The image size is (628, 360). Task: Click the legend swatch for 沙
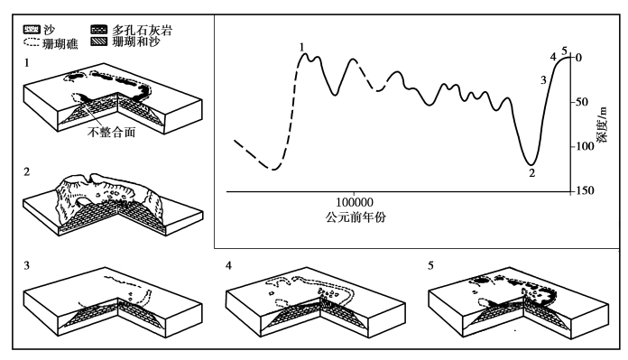pyautogui.click(x=32, y=29)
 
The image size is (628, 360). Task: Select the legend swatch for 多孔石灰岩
pyautogui.click(x=99, y=30)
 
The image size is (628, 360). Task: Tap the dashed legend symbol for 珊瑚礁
pyautogui.click(x=32, y=42)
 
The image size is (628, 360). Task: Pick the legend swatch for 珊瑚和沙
pyautogui.click(x=99, y=42)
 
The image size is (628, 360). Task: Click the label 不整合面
pyautogui.click(x=111, y=132)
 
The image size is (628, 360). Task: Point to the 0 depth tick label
pyautogui.click(x=578, y=58)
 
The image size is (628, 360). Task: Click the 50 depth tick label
pyautogui.click(x=582, y=102)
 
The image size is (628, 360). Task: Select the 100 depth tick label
pyautogui.click(x=585, y=146)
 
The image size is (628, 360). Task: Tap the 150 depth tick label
pyautogui.click(x=585, y=190)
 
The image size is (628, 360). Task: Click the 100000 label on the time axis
pyautogui.click(x=355, y=202)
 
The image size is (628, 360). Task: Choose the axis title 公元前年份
pyautogui.click(x=356, y=217)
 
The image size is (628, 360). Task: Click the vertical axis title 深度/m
pyautogui.click(x=602, y=125)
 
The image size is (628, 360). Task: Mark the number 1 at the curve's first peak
pyautogui.click(x=302, y=47)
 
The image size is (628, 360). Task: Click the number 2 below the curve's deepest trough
pyautogui.click(x=531, y=173)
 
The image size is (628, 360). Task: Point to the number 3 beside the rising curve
pyautogui.click(x=543, y=80)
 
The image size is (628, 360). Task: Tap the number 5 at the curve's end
pyautogui.click(x=564, y=51)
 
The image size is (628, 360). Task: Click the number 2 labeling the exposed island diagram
pyautogui.click(x=27, y=171)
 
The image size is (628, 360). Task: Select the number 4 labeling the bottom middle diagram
pyautogui.click(x=228, y=265)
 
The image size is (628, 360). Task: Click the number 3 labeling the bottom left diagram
pyautogui.click(x=27, y=265)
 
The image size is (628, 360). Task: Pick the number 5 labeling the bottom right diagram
pyautogui.click(x=430, y=265)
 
